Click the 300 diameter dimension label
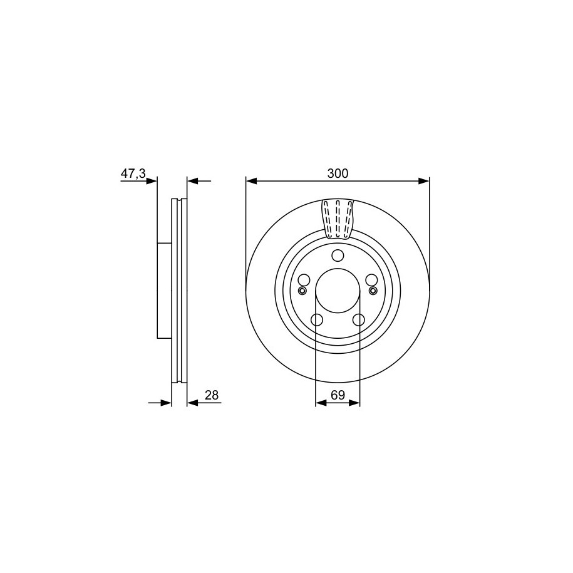click(x=338, y=173)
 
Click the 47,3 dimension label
click(x=133, y=173)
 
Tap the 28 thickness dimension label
click(x=212, y=395)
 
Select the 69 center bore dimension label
click(x=338, y=395)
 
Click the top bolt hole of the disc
click(x=338, y=255)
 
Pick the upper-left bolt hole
click(x=304, y=280)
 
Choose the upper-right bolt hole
click(x=371, y=280)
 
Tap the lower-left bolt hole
click(x=317, y=320)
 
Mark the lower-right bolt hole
click(x=359, y=320)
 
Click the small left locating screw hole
click(x=302, y=291)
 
